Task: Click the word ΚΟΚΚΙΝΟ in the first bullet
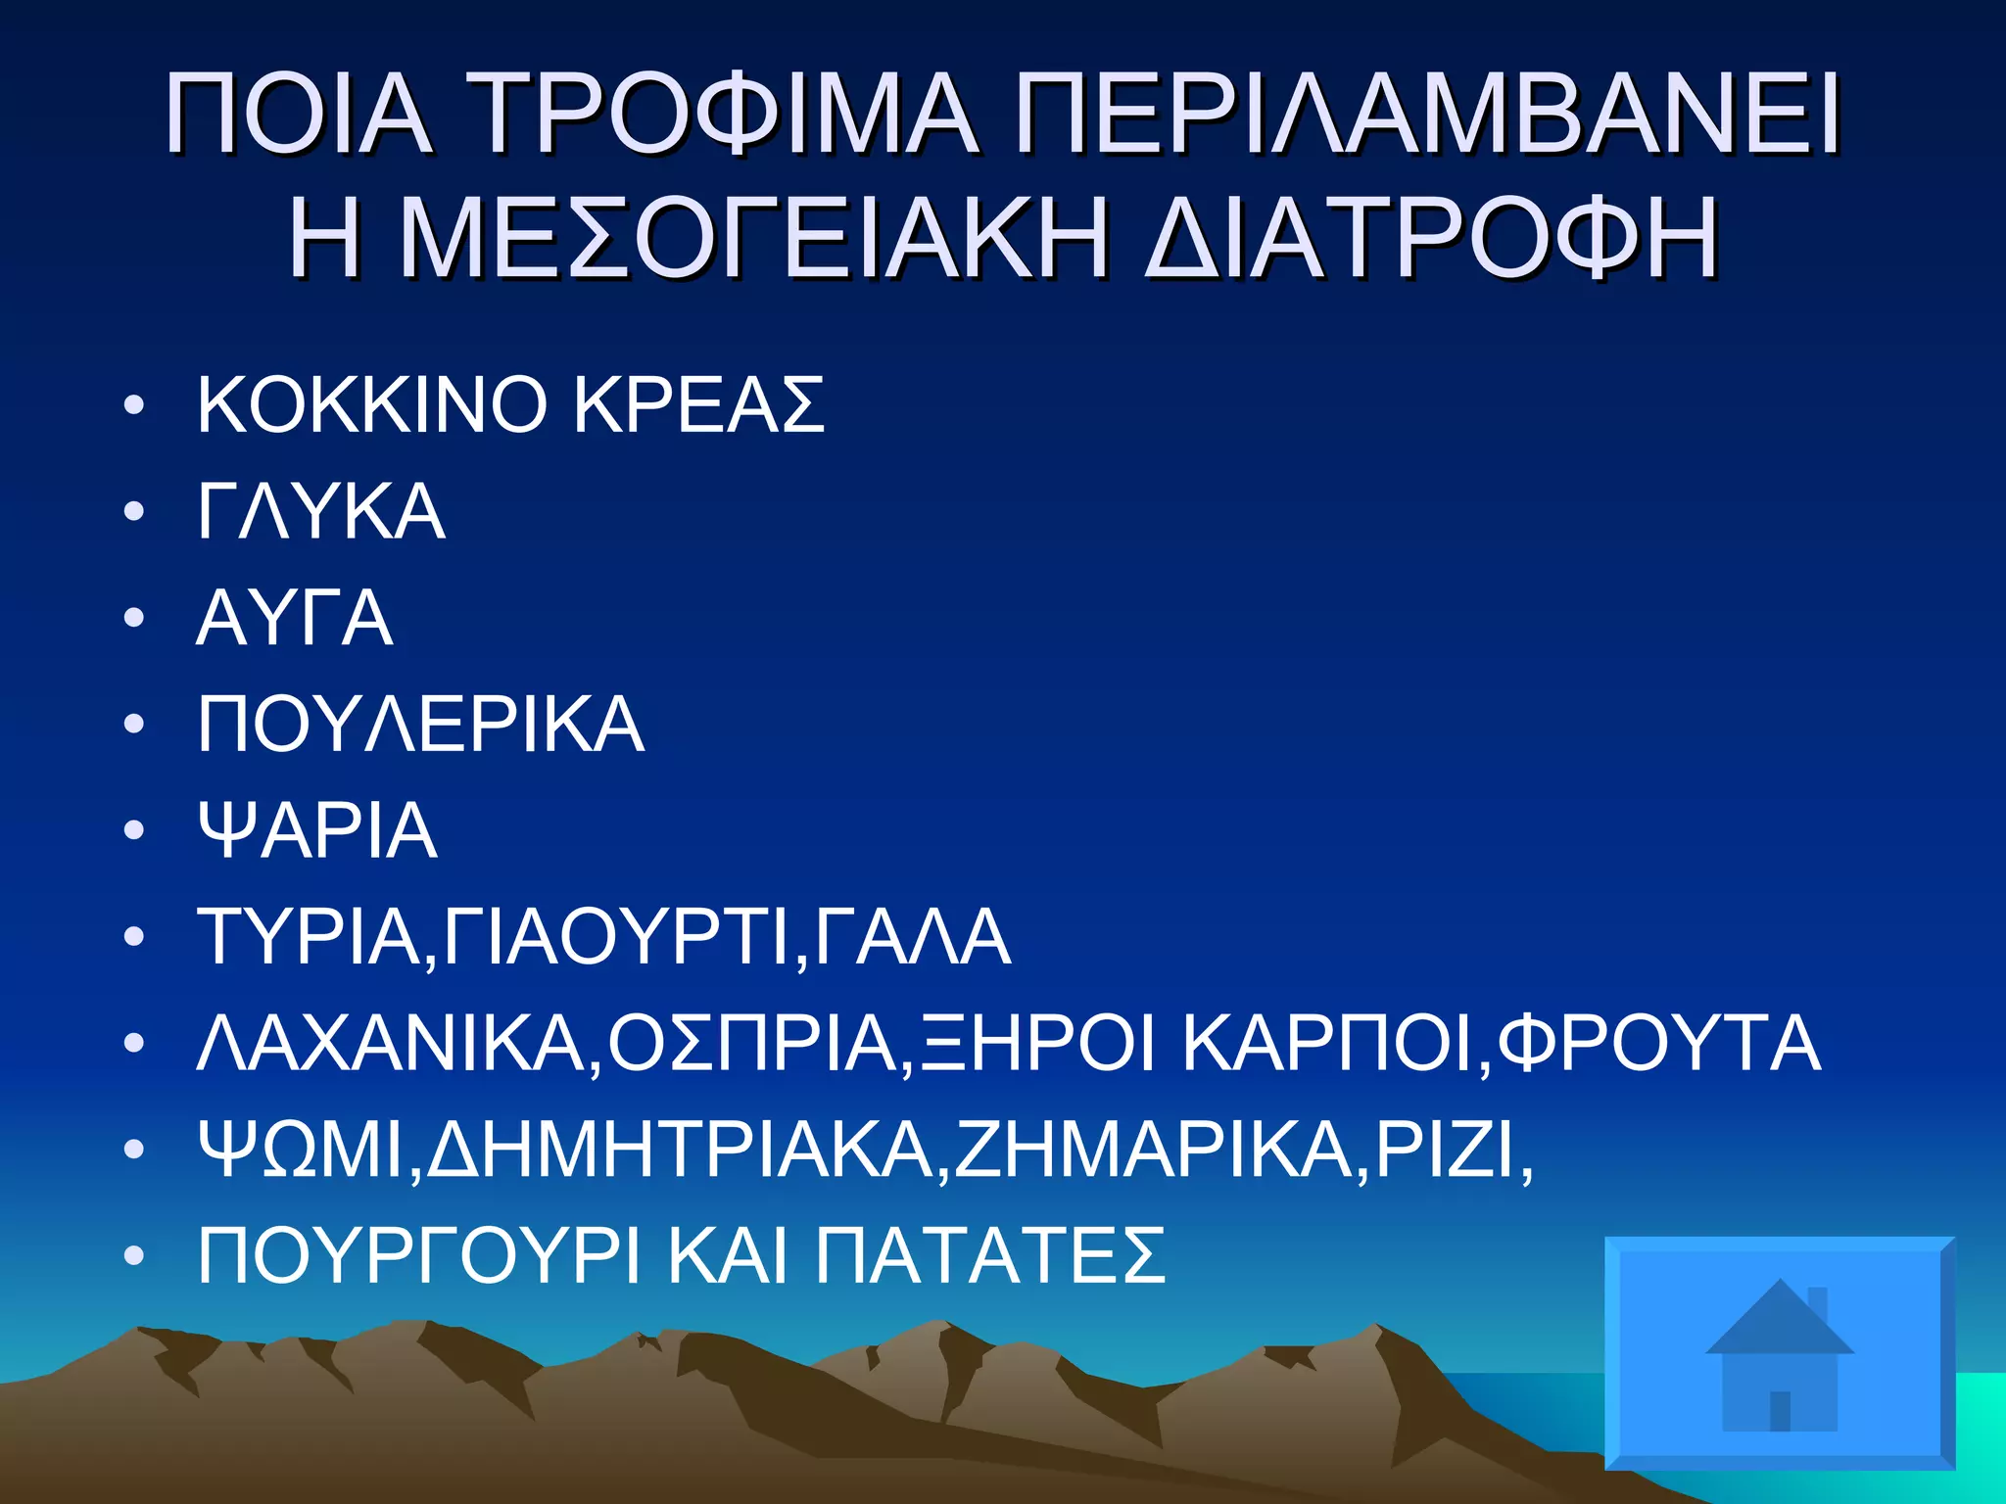(371, 404)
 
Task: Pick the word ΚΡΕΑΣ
(698, 404)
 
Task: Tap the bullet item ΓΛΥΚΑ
(321, 511)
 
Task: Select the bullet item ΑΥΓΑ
(295, 618)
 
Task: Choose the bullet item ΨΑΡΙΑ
(317, 831)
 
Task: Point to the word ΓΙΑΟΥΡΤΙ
(615, 937)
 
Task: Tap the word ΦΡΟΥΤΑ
(1658, 1044)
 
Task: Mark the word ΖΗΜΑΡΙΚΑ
(1154, 1150)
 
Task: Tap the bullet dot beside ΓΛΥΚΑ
(135, 512)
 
